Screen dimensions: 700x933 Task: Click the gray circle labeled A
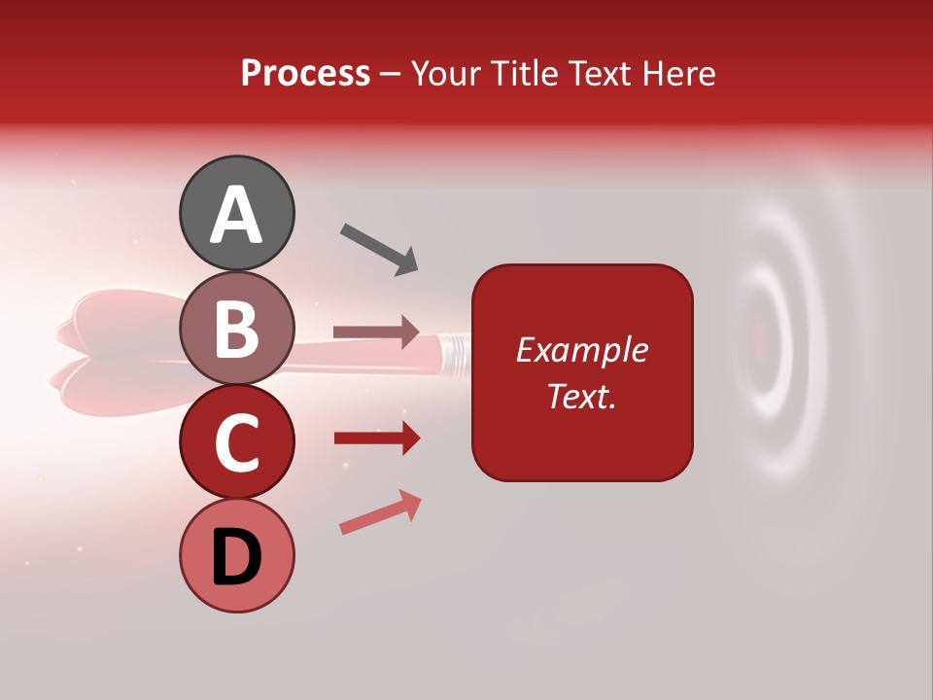pyautogui.click(x=237, y=213)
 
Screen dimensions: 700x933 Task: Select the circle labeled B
pyautogui.click(x=237, y=328)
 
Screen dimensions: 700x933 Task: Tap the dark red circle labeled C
pyautogui.click(x=237, y=442)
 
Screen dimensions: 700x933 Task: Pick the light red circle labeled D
pyautogui.click(x=237, y=556)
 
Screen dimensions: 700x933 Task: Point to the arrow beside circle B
pyautogui.click(x=376, y=332)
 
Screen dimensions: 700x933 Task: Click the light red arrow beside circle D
pyautogui.click(x=380, y=513)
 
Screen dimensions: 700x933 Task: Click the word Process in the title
pyautogui.click(x=305, y=73)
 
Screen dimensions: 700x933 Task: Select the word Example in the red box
pyautogui.click(x=581, y=350)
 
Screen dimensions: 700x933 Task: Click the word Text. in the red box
pyautogui.click(x=581, y=396)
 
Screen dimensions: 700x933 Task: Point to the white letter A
pyautogui.click(x=237, y=215)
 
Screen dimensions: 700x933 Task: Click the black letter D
pyautogui.click(x=237, y=558)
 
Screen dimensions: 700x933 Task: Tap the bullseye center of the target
pyautogui.click(x=761, y=337)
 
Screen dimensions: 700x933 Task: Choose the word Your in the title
pyautogui.click(x=443, y=73)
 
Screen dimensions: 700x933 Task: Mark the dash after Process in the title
pyautogui.click(x=391, y=75)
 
